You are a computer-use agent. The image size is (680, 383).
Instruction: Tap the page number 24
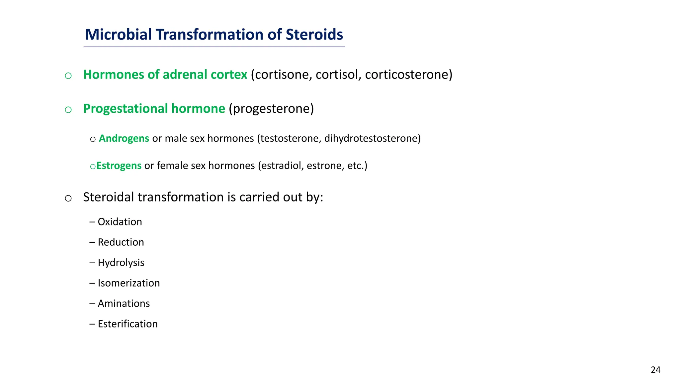tap(655, 370)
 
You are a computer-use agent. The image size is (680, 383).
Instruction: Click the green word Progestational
tap(126, 109)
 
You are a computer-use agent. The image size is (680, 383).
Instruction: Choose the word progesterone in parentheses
tap(271, 109)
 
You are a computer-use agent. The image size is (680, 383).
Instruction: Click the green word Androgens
tap(124, 138)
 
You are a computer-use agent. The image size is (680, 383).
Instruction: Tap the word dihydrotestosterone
tap(372, 138)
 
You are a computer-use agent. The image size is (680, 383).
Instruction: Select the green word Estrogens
tap(119, 166)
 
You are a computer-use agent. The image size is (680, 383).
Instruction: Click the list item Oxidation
tap(120, 222)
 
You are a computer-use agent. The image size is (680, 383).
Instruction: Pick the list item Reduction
tap(121, 242)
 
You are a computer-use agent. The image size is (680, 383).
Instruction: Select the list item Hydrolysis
tap(121, 263)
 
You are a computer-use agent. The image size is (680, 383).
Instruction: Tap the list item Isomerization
tap(128, 283)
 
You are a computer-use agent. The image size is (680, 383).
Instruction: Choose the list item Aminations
tap(124, 304)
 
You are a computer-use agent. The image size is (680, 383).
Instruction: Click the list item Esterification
tap(127, 324)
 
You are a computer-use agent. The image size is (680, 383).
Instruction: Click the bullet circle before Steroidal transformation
tap(68, 198)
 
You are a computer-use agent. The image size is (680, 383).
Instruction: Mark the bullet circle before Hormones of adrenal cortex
tap(68, 76)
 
